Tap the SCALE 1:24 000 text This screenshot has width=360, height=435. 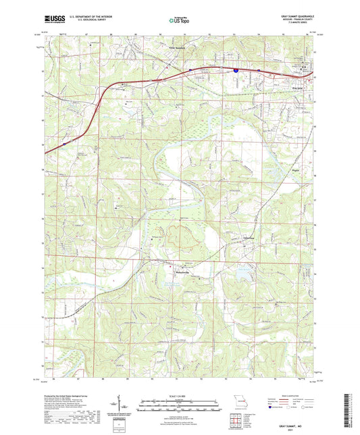pos(180,394)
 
